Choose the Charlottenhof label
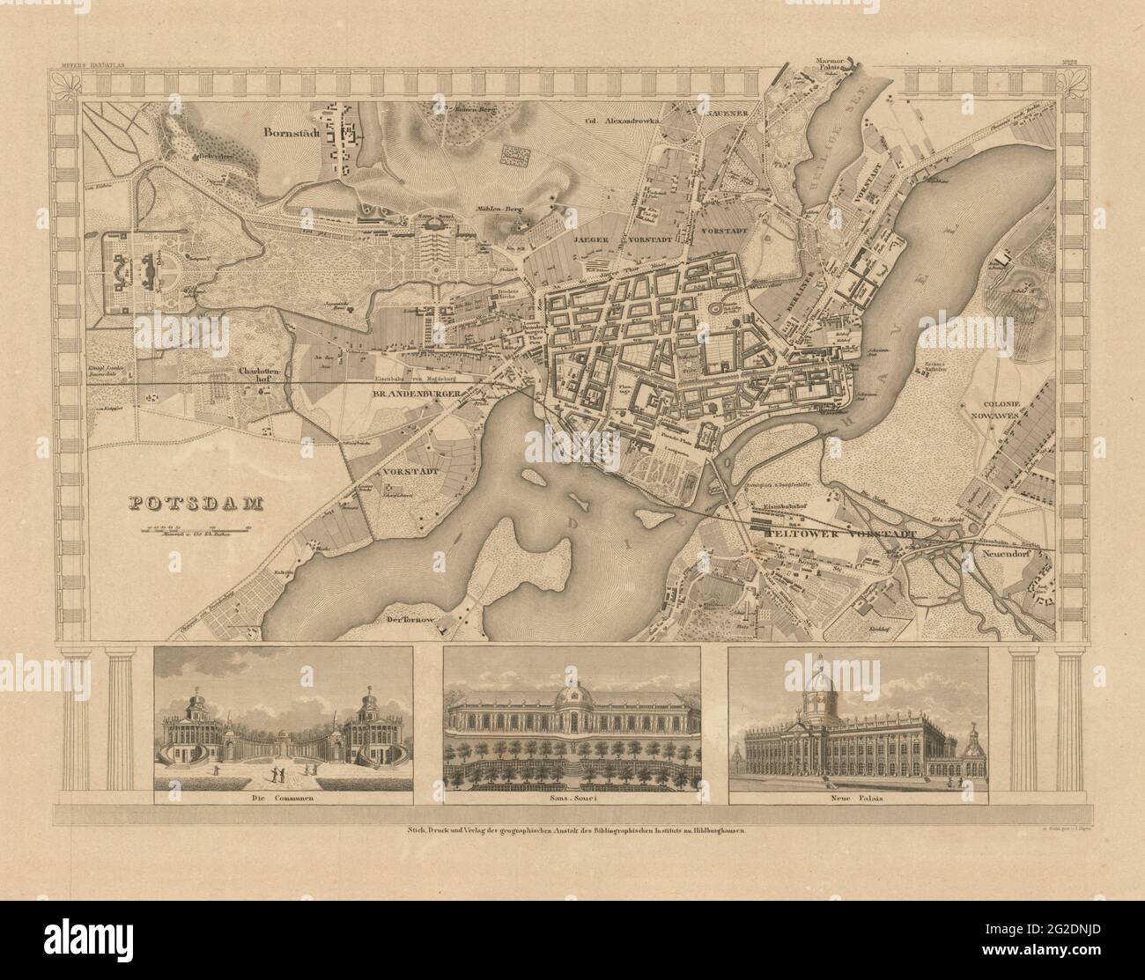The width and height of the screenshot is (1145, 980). click(x=260, y=375)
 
